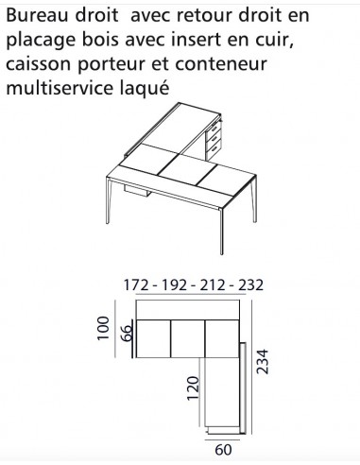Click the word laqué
(x=146, y=90)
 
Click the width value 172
(x=137, y=284)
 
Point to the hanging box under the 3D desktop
(x=137, y=193)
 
